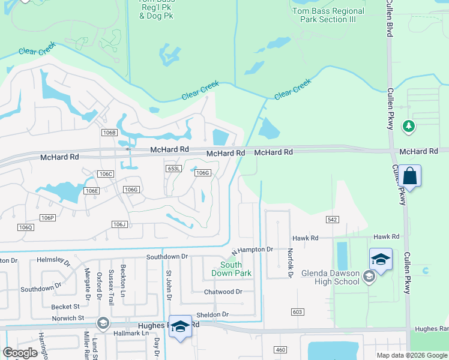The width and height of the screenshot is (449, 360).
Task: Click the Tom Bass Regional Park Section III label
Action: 328,15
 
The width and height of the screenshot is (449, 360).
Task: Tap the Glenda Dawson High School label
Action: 330,277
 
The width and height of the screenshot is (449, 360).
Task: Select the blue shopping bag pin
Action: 411,176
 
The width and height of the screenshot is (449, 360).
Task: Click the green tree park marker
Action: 408,126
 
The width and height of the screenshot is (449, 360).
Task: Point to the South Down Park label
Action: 231,269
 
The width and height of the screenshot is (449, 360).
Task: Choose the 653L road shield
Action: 173,169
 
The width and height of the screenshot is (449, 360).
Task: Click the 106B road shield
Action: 109,132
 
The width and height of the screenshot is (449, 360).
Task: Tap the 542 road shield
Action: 332,220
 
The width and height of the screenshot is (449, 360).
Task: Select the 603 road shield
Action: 298,311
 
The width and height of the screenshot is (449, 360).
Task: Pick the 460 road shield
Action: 280,349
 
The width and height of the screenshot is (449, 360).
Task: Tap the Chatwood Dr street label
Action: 223,292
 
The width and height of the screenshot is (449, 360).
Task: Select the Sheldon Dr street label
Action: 212,314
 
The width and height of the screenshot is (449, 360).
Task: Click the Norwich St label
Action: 67,318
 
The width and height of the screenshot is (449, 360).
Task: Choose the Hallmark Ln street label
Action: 132,333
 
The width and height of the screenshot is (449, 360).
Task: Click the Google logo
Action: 20,352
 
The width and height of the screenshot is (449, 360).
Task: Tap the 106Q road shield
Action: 25,227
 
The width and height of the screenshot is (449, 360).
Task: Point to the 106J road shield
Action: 119,224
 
